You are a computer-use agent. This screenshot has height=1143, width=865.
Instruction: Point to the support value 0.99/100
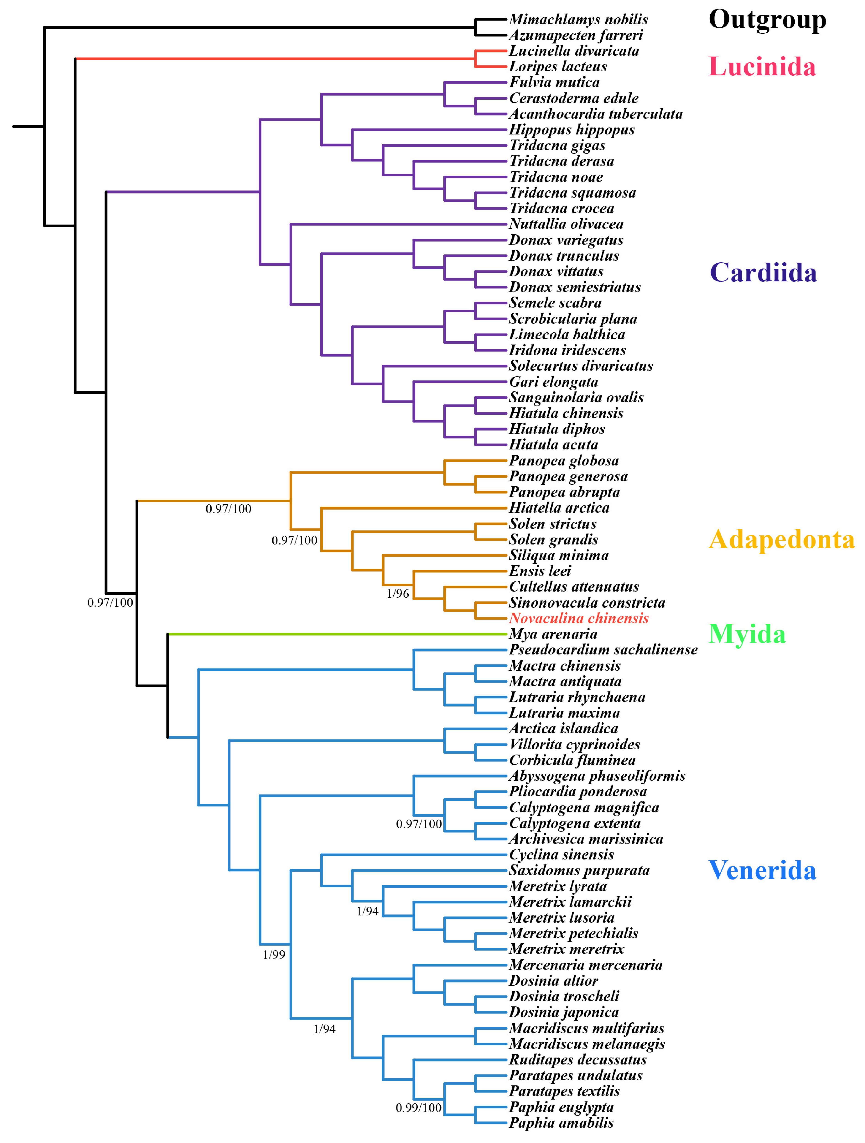(418, 1108)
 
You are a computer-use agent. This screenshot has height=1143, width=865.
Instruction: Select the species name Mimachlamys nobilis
(578, 20)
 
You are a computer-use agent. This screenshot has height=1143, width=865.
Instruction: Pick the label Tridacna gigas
(557, 146)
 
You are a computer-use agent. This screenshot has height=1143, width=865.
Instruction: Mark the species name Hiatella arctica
(559, 508)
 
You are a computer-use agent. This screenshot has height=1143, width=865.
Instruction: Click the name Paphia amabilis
(561, 1123)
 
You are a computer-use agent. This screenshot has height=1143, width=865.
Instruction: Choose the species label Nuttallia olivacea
(566, 224)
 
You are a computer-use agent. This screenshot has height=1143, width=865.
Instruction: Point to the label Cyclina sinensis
(561, 855)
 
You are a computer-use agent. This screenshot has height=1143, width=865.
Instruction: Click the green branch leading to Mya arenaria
(336, 634)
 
